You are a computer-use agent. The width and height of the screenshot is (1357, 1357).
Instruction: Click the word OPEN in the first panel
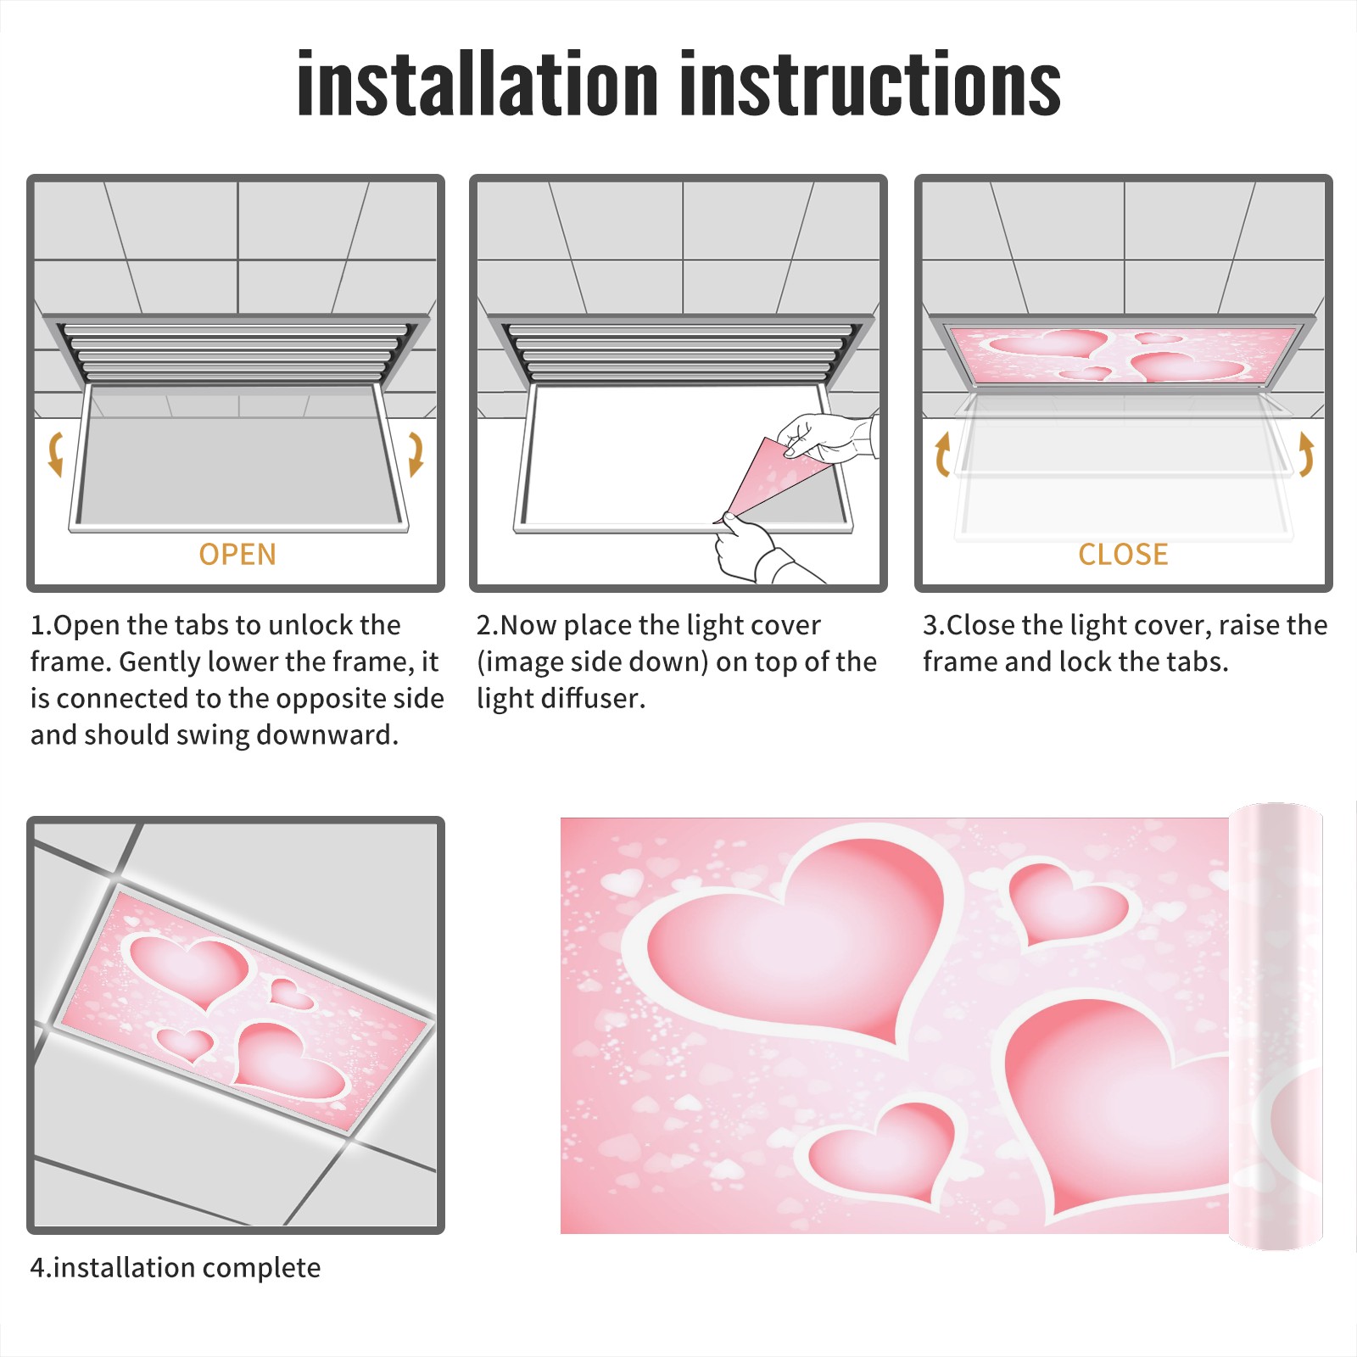click(237, 555)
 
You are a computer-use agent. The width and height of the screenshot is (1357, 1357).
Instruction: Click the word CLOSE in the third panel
click(1123, 555)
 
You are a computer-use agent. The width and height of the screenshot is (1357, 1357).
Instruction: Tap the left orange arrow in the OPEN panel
click(55, 454)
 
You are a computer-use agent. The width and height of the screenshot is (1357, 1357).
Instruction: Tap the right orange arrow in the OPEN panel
click(416, 454)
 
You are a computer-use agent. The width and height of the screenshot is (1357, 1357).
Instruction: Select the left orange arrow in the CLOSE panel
click(941, 454)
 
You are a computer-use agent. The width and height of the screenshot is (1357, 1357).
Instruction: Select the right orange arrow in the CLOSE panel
click(1306, 454)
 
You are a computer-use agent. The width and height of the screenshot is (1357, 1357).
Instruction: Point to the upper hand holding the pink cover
click(827, 436)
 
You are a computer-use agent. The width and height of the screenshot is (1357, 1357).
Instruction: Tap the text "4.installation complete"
click(176, 1268)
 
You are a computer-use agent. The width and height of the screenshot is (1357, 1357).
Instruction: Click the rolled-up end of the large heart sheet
click(1276, 1026)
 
